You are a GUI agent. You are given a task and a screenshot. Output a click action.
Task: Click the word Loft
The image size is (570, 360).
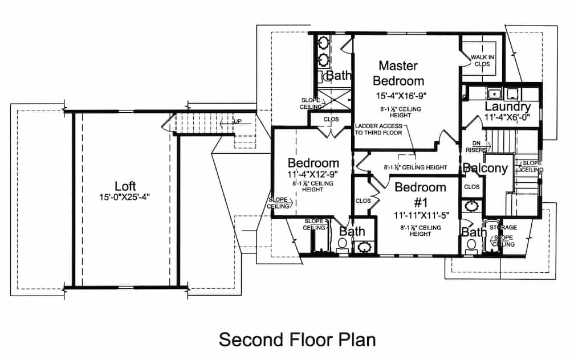click(x=125, y=186)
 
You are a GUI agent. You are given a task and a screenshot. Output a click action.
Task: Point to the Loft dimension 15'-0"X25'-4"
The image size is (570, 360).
click(x=125, y=198)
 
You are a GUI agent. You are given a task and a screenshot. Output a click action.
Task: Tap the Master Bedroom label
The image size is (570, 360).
click(x=398, y=73)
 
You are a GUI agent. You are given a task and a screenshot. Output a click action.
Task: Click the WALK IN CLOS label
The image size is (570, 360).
click(x=482, y=61)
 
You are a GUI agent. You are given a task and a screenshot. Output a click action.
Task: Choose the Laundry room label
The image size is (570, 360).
click(x=508, y=107)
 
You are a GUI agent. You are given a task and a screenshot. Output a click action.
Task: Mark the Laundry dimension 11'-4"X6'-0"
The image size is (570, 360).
click(x=507, y=118)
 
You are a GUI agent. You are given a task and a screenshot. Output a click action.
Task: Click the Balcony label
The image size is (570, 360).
click(x=485, y=168)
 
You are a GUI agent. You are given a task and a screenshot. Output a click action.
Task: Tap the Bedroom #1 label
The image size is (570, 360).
click(x=420, y=195)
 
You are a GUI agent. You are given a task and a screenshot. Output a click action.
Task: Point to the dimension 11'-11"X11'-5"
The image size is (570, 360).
click(x=421, y=216)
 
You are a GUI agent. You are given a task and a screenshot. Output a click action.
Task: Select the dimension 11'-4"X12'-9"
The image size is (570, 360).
click(x=313, y=174)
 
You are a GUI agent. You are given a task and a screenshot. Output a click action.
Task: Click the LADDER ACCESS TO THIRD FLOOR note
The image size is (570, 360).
click(x=378, y=129)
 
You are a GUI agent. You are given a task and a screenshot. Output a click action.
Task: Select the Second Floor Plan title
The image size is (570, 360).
click(x=298, y=339)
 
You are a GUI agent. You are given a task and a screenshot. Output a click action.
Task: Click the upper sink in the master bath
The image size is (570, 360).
click(x=323, y=42)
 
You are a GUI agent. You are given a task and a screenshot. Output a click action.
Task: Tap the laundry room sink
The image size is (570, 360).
click(x=494, y=93)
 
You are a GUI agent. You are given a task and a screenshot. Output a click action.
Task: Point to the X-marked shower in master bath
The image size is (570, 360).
click(x=332, y=100)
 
